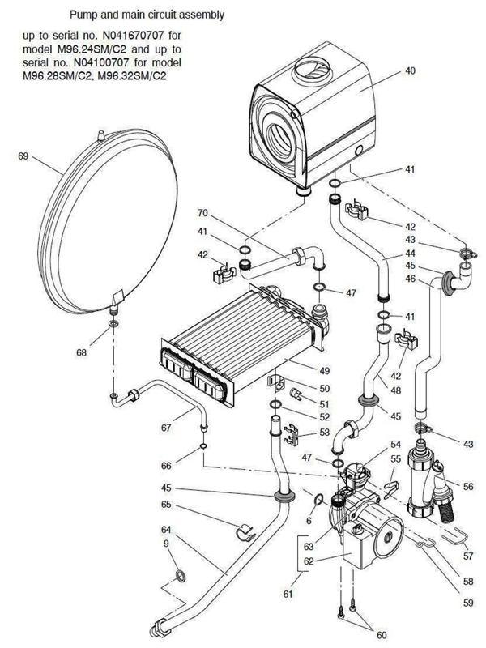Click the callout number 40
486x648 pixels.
[x=410, y=71]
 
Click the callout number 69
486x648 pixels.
[x=23, y=155]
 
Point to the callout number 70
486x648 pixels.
[x=203, y=213]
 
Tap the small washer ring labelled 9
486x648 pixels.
[x=177, y=576]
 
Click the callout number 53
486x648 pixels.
[x=324, y=434]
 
